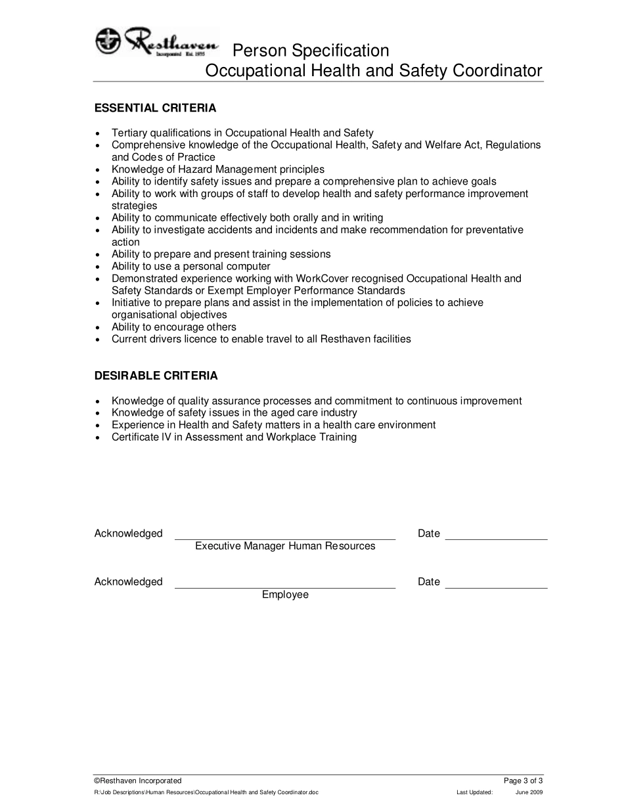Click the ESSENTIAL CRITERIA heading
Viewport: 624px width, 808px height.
coord(155,108)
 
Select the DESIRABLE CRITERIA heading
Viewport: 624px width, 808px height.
coord(156,376)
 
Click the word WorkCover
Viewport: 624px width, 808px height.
coord(327,279)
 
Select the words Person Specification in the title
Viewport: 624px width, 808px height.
coord(311,51)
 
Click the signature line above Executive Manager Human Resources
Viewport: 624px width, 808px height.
coord(285,539)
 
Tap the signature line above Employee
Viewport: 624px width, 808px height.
coord(285,587)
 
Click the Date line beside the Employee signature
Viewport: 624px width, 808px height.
coord(496,587)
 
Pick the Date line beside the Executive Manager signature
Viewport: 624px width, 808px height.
coord(496,539)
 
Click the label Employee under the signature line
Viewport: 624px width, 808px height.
coord(285,595)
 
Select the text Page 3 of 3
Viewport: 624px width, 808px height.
coord(523,781)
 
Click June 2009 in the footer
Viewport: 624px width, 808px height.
coord(529,792)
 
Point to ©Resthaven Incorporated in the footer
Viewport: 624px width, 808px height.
coord(138,781)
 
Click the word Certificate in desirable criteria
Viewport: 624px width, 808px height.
coord(135,437)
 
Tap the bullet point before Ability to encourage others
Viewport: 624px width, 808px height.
coord(98,328)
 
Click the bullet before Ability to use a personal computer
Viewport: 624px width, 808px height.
coord(98,267)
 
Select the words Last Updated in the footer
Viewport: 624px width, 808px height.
coord(474,792)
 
